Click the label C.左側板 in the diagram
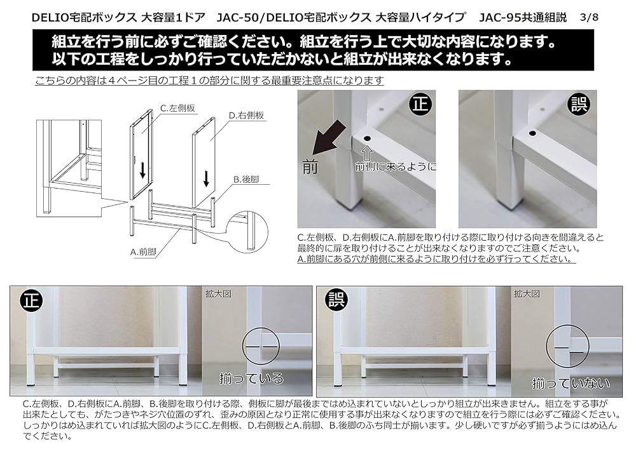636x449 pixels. tap(177, 109)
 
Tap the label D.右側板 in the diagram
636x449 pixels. tap(246, 116)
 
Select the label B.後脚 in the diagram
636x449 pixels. tap(247, 180)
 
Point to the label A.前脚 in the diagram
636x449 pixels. tap(144, 251)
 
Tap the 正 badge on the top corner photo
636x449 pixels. tap(420, 104)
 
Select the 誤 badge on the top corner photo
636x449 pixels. tap(579, 104)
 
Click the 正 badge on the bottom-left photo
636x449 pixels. tap(28, 300)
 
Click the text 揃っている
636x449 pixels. tap(251, 379)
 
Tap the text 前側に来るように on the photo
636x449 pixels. tap(396, 167)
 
